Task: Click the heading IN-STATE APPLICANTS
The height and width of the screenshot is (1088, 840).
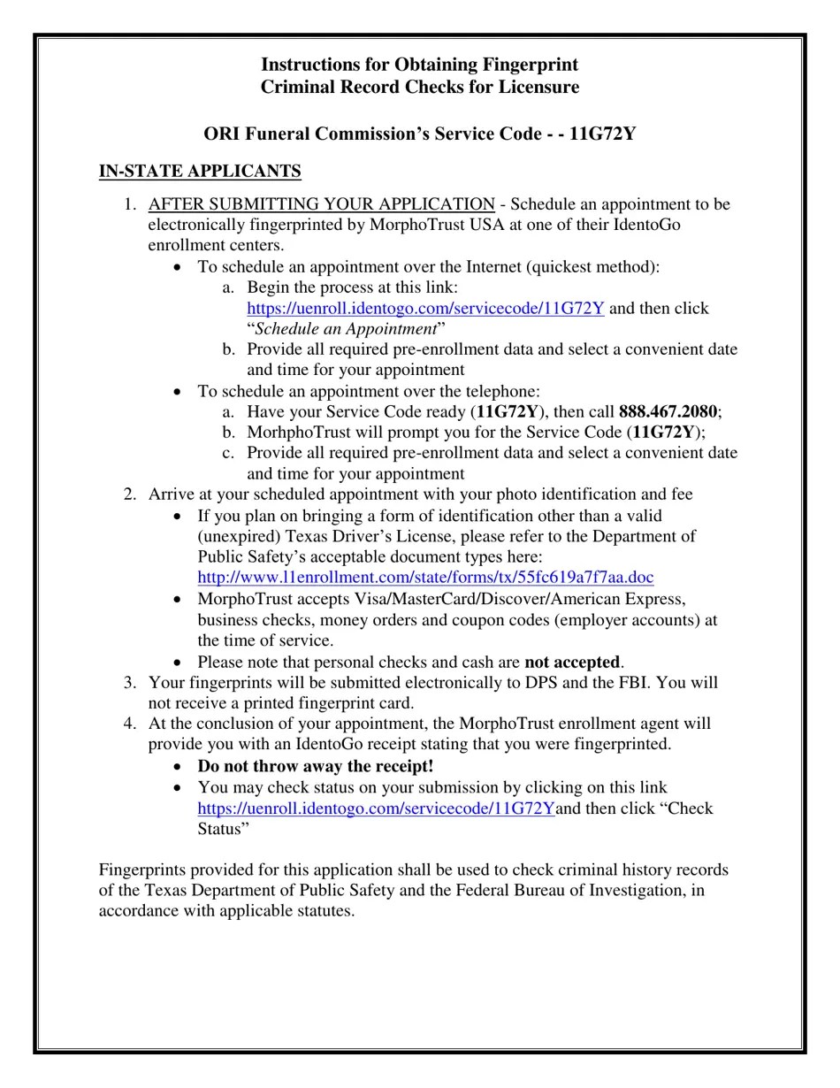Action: pos(200,172)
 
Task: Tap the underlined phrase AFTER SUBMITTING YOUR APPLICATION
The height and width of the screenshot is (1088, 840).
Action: pos(321,204)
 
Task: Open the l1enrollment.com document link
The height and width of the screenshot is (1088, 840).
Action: pos(425,578)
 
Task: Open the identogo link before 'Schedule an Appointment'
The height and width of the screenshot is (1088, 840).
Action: pos(425,309)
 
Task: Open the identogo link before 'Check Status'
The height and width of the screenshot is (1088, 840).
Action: pos(376,808)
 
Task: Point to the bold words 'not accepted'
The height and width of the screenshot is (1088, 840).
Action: pos(572,663)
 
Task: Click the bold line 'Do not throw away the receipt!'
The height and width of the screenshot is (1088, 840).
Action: pos(316,767)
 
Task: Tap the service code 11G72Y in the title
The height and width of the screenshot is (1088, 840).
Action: pos(602,134)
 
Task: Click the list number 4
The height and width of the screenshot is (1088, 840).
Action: pos(130,724)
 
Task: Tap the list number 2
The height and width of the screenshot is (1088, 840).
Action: pos(130,494)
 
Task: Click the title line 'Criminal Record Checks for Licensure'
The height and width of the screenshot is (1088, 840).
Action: pos(420,88)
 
